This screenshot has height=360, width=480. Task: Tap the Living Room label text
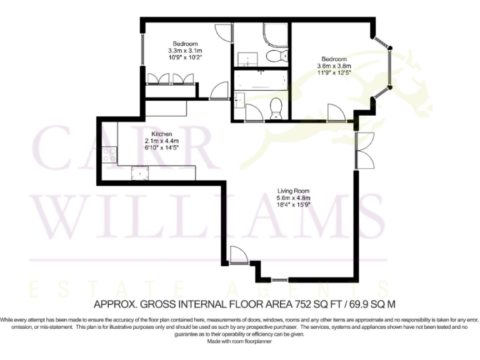(294, 191)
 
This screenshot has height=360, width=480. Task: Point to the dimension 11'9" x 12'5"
(334, 72)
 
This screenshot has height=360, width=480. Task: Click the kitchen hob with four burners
(109, 153)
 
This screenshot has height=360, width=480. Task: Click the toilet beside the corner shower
(273, 56)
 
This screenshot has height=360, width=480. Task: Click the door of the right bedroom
(336, 112)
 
